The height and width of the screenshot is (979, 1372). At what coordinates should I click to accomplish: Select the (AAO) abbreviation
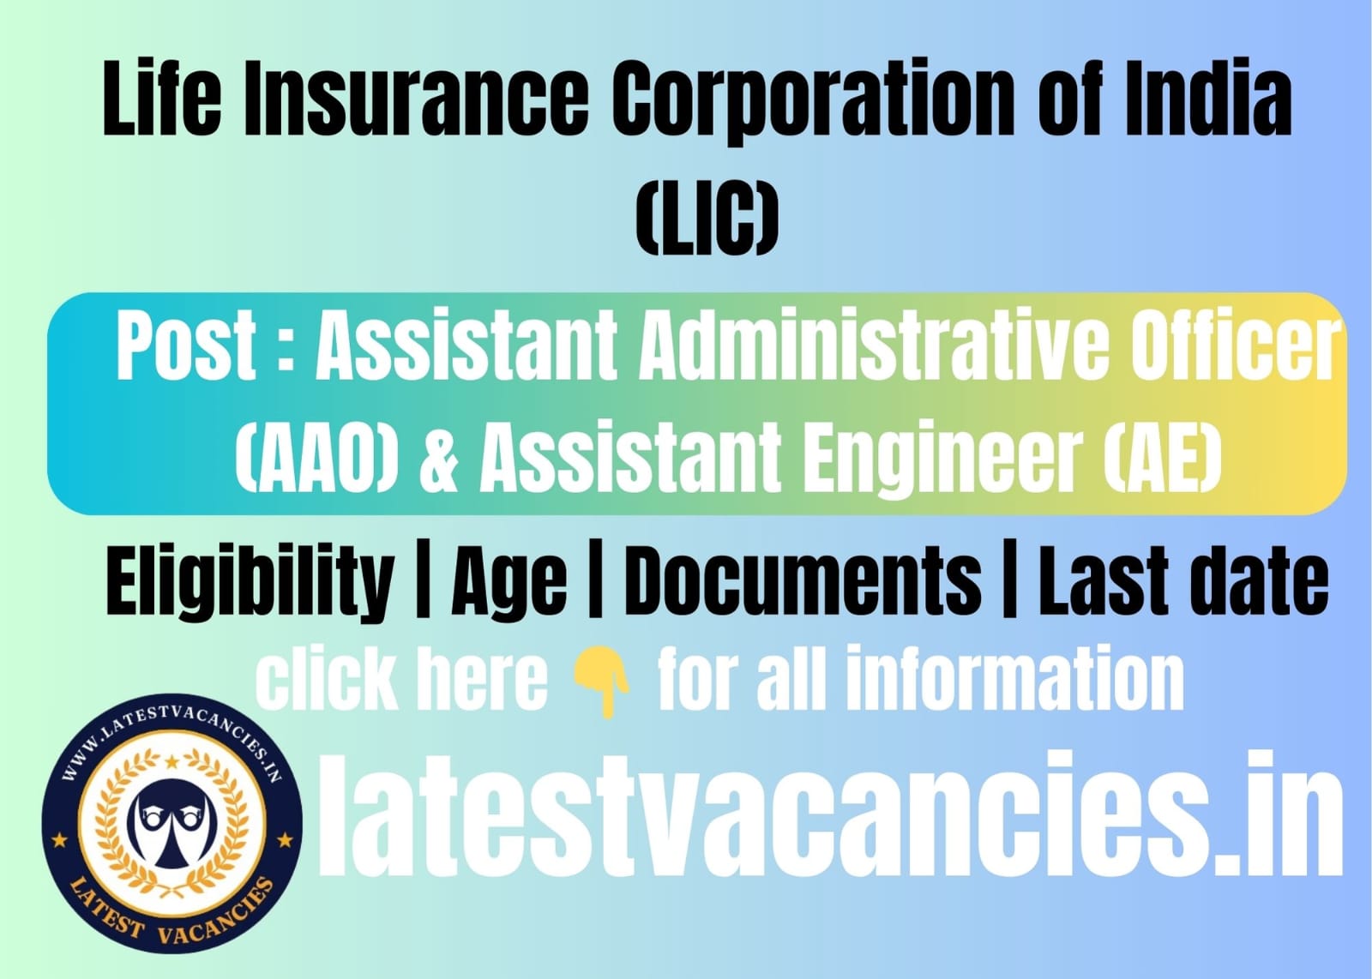coord(316,457)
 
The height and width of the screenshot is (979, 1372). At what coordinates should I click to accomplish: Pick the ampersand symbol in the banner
coord(439,457)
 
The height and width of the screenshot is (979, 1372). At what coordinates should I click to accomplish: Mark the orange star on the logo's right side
coord(285,840)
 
